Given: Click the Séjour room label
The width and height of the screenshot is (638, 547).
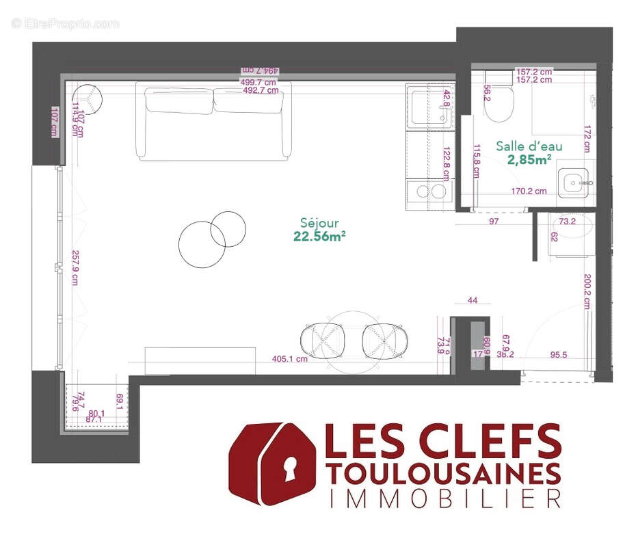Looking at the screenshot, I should (x=319, y=222).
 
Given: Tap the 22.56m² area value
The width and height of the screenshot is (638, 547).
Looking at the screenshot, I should (x=319, y=236).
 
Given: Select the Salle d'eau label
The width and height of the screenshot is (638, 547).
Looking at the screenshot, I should (x=520, y=146).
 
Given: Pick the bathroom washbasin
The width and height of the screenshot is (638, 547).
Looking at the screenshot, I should (x=572, y=182).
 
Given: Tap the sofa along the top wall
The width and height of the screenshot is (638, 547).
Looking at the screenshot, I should (x=213, y=120).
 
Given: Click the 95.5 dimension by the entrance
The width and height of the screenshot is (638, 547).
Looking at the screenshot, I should (x=561, y=355).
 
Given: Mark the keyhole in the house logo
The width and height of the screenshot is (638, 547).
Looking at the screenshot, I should (x=291, y=470).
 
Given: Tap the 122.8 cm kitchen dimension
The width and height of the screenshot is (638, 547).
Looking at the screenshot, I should (x=447, y=164).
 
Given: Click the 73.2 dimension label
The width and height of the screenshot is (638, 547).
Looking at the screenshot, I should (x=568, y=222).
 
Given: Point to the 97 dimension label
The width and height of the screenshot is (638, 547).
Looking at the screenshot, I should (x=494, y=222).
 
